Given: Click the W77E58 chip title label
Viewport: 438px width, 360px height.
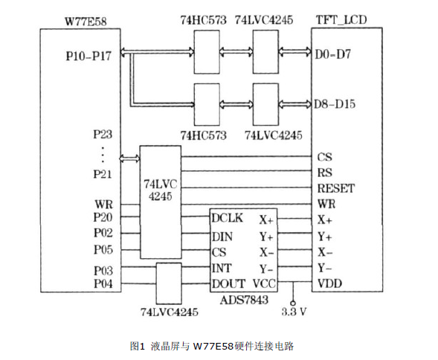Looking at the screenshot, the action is tap(86, 22).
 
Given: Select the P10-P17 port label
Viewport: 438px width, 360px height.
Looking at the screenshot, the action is tap(88, 56).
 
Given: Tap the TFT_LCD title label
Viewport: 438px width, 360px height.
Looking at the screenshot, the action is tap(341, 20).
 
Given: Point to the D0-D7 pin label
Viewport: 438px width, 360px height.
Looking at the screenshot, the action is tap(332, 54).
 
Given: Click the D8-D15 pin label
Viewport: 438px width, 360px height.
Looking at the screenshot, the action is tap(335, 104).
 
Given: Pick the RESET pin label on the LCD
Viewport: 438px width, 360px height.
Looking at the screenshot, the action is tap(336, 188).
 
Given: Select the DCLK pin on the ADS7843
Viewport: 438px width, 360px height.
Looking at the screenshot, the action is tap(227, 218).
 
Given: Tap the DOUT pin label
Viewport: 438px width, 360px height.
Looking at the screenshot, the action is tap(228, 283).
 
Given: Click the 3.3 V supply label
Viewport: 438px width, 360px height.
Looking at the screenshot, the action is tap(294, 312).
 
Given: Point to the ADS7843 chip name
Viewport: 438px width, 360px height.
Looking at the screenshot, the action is tap(244, 300).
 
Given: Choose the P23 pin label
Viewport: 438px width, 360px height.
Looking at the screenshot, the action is tap(103, 134).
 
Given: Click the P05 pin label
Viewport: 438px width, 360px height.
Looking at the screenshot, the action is tap(103, 250).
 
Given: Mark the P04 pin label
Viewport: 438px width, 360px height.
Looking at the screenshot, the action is tap(103, 283).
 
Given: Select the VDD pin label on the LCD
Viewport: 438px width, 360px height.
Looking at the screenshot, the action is tap(329, 283).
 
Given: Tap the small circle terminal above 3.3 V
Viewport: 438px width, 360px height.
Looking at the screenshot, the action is tap(293, 303).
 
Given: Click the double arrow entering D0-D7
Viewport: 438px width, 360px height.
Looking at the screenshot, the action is tap(295, 52).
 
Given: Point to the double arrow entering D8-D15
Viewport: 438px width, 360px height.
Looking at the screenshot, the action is tap(295, 104).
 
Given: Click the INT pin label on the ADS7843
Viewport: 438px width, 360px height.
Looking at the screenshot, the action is tap(222, 269).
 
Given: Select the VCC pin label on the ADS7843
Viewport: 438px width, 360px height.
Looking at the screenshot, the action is tap(264, 283).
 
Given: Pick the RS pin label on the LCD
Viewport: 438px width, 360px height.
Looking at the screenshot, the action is tap(324, 173).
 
